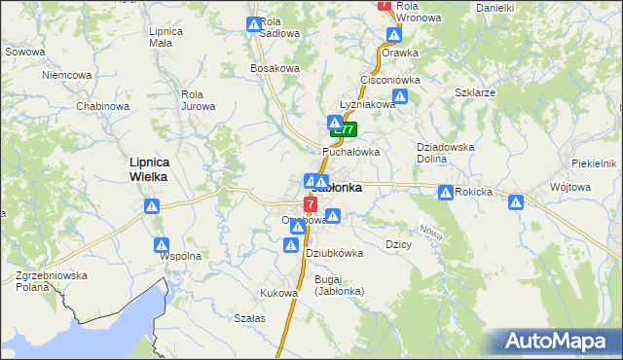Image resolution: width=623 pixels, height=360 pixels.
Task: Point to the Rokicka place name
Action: coord(473,193)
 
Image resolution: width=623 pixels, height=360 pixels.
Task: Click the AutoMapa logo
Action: coord(555,342)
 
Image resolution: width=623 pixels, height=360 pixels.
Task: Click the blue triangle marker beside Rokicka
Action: coord(446,193)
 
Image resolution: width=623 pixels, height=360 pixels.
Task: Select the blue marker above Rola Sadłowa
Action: coord(253,24)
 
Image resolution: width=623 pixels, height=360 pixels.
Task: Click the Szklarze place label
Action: coord(475,92)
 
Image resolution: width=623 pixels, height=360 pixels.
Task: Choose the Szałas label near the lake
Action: coord(250,318)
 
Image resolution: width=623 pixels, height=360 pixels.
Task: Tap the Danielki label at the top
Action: coord(495,8)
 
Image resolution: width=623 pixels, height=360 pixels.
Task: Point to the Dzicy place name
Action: coord(398,244)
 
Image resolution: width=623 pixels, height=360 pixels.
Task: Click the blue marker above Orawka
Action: coord(394,35)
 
